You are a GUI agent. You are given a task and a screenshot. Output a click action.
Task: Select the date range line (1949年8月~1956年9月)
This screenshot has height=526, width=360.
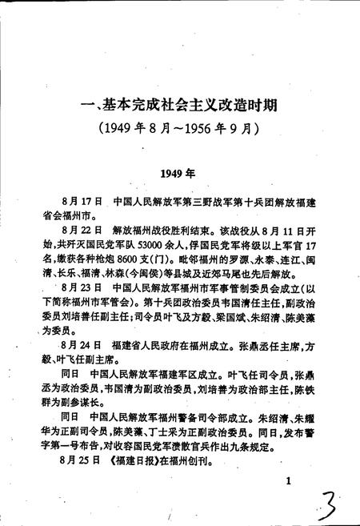180,127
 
